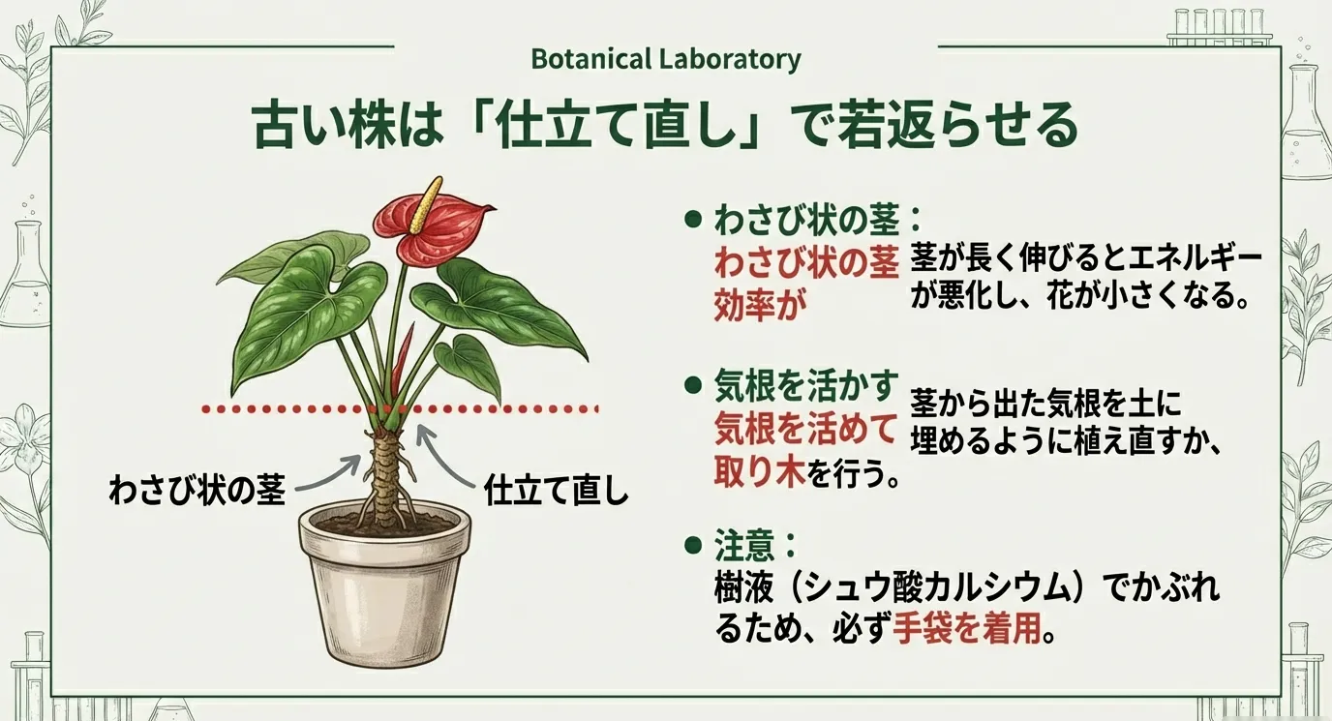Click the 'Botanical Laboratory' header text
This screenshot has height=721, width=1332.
pos(666,59)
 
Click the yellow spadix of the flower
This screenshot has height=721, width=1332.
pos(427,204)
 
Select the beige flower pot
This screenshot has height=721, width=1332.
pos(384,586)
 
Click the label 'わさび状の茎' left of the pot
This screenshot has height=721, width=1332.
pos(197,490)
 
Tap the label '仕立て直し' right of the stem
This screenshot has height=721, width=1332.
pos(557,490)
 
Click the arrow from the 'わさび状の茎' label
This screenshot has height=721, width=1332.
pos(328,472)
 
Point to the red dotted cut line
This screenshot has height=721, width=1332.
pos(400,409)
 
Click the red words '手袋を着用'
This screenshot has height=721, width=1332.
pos(967,629)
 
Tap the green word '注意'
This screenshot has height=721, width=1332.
pos(744,546)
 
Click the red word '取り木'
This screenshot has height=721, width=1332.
pos(759,473)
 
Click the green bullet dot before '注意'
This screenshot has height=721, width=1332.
pos(692,545)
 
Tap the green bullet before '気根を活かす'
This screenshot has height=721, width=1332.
pos(692,386)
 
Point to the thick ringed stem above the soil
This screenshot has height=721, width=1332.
pos(385,469)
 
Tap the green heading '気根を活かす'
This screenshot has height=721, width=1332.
pos(805,386)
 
